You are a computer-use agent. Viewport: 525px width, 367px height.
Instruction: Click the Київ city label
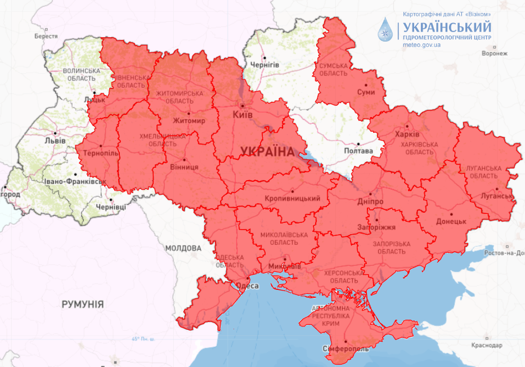243,115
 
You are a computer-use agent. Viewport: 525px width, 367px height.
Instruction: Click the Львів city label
55,140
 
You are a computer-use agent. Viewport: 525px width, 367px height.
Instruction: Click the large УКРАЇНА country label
267,151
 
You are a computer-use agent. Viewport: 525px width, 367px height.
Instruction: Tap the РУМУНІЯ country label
83,304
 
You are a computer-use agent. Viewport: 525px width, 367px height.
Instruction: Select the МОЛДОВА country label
183,248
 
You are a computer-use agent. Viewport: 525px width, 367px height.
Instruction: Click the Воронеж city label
495,53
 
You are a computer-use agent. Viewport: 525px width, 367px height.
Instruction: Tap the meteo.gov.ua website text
421,46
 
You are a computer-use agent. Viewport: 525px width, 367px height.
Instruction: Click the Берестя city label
46,35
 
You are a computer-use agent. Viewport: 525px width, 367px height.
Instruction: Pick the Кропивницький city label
292,198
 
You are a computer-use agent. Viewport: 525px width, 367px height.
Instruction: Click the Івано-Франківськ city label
75,182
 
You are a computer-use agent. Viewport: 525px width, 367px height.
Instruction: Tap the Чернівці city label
111,207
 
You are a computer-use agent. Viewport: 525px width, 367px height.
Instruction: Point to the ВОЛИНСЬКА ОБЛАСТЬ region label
81,75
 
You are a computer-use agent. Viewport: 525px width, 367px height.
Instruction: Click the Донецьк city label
451,221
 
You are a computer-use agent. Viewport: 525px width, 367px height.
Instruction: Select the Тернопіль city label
100,153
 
